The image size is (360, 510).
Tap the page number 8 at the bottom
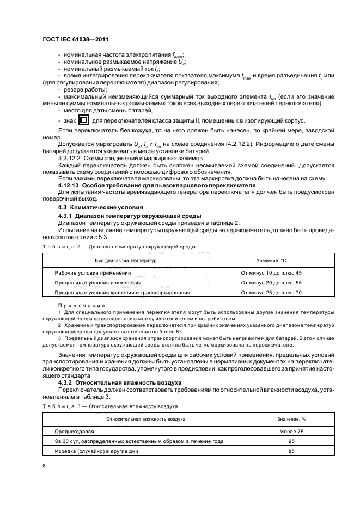click(44, 466)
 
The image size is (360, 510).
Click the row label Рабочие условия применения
click(93, 272)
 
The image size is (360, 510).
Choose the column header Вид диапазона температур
click(126, 261)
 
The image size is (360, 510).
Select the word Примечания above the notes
click(82, 306)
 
